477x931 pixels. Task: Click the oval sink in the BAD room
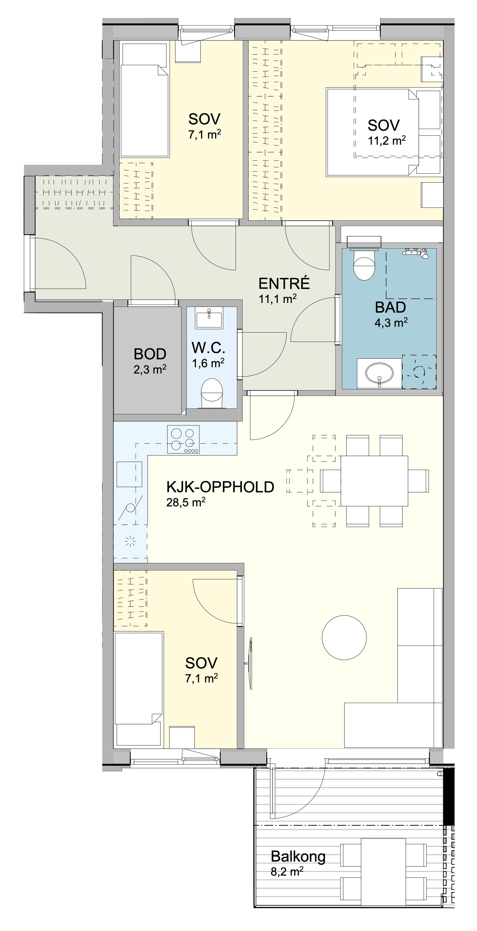(x=379, y=373)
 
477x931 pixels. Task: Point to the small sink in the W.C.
(x=209, y=318)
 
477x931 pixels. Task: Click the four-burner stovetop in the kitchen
(x=183, y=439)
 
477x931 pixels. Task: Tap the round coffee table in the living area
(x=344, y=638)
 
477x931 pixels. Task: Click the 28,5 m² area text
(x=186, y=502)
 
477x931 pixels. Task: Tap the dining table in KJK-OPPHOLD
(x=374, y=481)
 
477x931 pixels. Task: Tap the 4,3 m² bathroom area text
(x=391, y=322)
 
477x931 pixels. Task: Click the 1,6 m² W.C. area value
(x=208, y=363)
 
